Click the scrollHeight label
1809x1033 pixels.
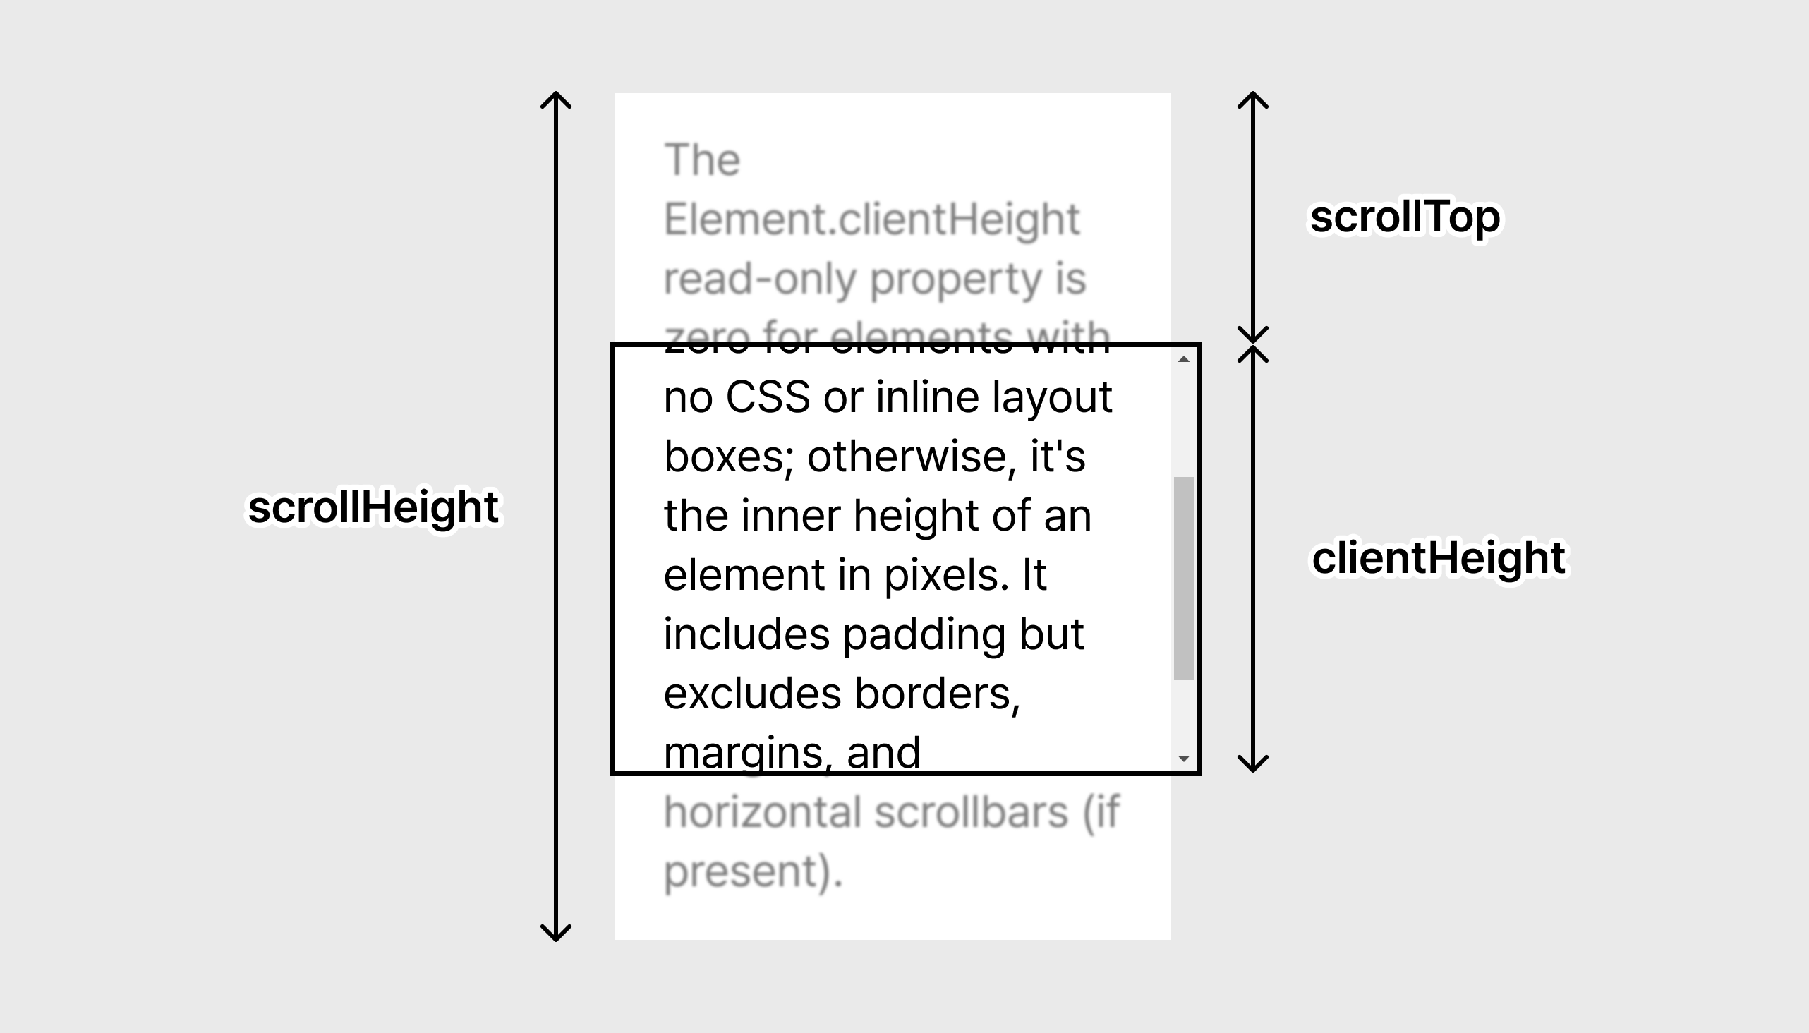pyautogui.click(x=374, y=508)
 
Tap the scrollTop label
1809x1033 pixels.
pyautogui.click(x=1405, y=217)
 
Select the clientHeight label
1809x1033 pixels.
pyautogui.click(x=1439, y=557)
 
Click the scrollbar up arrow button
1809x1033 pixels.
pyautogui.click(x=1183, y=360)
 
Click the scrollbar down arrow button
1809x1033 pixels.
pyautogui.click(x=1183, y=758)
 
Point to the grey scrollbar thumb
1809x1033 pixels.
pyautogui.click(x=1183, y=578)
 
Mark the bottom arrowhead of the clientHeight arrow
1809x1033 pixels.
pyautogui.click(x=1253, y=765)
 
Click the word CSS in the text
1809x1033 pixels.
pyautogui.click(x=768, y=397)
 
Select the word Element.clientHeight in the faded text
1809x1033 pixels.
pyautogui.click(x=871, y=219)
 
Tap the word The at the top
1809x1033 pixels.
pyautogui.click(x=702, y=159)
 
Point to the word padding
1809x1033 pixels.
pyautogui.click(x=924, y=634)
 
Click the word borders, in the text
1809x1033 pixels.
pyautogui.click(x=937, y=693)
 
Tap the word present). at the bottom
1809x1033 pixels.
pyautogui.click(x=753, y=872)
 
